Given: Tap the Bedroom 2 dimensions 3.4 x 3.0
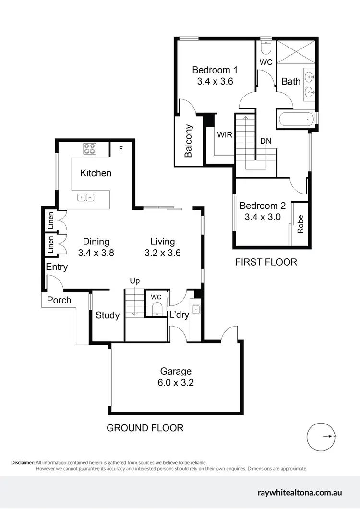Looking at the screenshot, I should [x=263, y=217].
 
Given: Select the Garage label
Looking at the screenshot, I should [x=176, y=371].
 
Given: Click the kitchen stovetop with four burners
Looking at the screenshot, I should [x=89, y=149].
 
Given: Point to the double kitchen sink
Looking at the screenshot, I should [x=87, y=197].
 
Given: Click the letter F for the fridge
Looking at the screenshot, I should [x=121, y=149].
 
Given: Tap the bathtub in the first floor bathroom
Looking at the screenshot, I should [x=295, y=119].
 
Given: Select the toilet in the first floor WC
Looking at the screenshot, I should [x=266, y=48].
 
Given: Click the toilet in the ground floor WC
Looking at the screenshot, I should [x=156, y=311].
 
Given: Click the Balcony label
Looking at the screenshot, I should [x=189, y=141].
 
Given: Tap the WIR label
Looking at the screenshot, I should [x=224, y=135].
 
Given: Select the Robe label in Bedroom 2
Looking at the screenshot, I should [x=300, y=224].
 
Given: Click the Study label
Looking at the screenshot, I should [x=107, y=315].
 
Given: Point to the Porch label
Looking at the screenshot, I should [x=59, y=300].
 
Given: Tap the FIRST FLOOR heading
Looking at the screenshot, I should [x=265, y=262].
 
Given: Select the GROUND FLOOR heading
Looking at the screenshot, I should [x=145, y=428].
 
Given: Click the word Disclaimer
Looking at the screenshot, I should [x=23, y=462].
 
